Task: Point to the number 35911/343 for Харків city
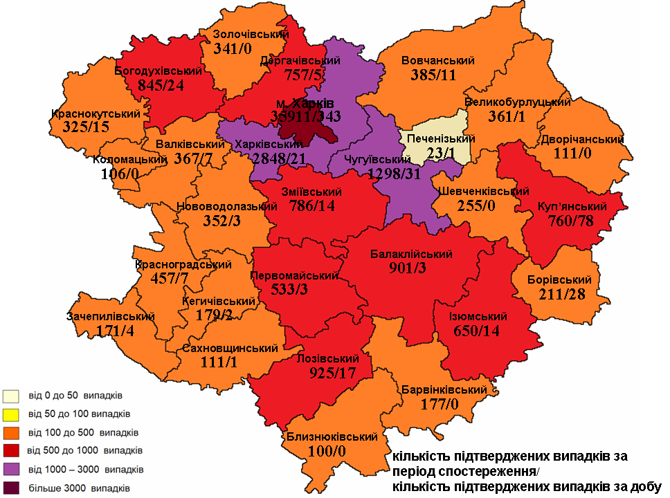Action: point(306,116)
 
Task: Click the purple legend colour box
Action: point(10,470)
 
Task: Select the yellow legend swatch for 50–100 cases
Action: point(10,414)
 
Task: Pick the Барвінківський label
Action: point(444,390)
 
